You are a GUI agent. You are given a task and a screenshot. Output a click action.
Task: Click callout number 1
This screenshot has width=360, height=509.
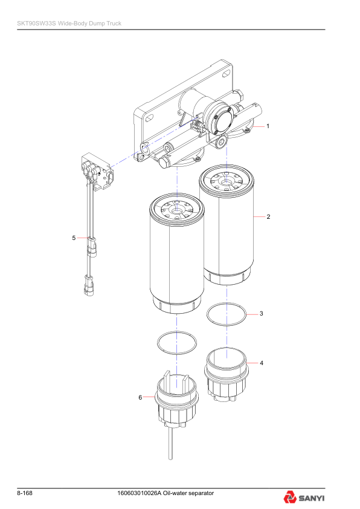(x=268, y=126)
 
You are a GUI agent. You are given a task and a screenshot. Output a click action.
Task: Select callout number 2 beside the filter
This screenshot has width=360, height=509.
(x=268, y=216)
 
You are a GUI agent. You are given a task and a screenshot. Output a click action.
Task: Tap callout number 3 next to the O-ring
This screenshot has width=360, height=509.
(x=260, y=314)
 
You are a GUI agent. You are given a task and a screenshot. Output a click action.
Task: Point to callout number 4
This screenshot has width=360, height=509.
(x=261, y=363)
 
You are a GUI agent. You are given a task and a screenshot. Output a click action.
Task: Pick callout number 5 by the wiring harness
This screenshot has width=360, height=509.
(x=74, y=238)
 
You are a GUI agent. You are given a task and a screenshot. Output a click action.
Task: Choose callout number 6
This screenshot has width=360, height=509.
(x=140, y=397)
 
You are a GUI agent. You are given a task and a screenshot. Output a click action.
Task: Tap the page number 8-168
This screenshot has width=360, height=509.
(x=25, y=494)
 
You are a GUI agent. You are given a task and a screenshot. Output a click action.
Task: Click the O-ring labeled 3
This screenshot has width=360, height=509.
(x=227, y=315)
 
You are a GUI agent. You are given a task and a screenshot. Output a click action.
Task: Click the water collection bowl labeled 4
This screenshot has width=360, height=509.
(x=225, y=374)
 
